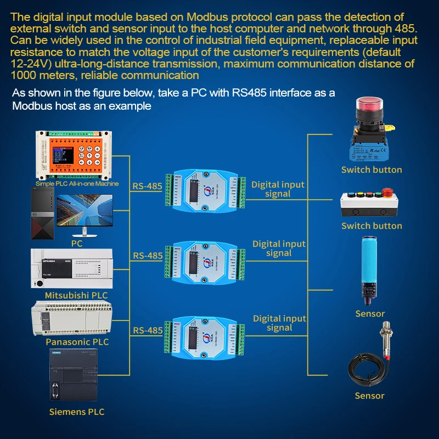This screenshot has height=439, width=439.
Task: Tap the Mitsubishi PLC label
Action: (76, 295)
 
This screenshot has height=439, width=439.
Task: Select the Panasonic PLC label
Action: (77, 342)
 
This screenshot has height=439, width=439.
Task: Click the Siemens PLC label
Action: (76, 412)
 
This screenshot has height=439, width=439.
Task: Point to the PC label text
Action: (77, 244)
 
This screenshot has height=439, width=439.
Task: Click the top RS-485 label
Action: (148, 186)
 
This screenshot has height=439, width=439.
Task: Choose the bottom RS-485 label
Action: (148, 330)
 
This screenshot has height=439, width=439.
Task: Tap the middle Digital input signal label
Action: (279, 248)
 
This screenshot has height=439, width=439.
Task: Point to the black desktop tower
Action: (41, 214)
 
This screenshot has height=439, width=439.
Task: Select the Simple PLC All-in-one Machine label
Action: (77, 184)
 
